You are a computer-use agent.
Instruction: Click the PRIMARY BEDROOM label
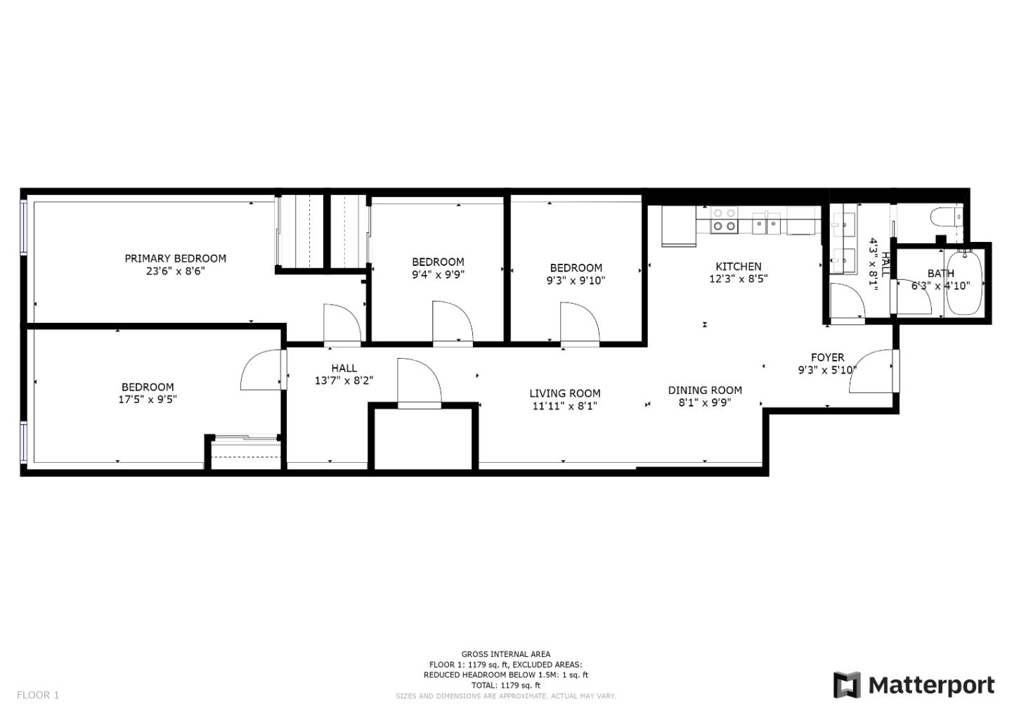click(x=175, y=258)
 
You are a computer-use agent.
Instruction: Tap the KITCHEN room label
click(x=738, y=266)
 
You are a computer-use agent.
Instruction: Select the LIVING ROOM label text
click(x=564, y=393)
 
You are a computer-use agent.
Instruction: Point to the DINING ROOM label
click(x=705, y=390)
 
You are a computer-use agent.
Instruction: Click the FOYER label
click(x=827, y=357)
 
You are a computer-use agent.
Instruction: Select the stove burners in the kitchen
click(x=725, y=219)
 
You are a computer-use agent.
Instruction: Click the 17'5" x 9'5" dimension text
click(x=148, y=399)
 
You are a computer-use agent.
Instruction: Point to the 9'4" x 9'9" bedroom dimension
click(x=438, y=274)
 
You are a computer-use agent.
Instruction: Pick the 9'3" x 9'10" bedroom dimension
click(x=576, y=280)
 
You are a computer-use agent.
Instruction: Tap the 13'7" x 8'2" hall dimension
click(x=344, y=381)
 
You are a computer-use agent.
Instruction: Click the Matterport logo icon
click(x=847, y=685)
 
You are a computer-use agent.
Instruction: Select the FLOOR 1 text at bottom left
click(x=38, y=695)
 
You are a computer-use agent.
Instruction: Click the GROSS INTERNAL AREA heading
click(x=505, y=654)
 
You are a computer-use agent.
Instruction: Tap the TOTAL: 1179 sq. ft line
click(x=505, y=685)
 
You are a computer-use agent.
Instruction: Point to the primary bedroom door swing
click(x=341, y=325)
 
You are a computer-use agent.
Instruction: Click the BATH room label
click(x=940, y=273)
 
